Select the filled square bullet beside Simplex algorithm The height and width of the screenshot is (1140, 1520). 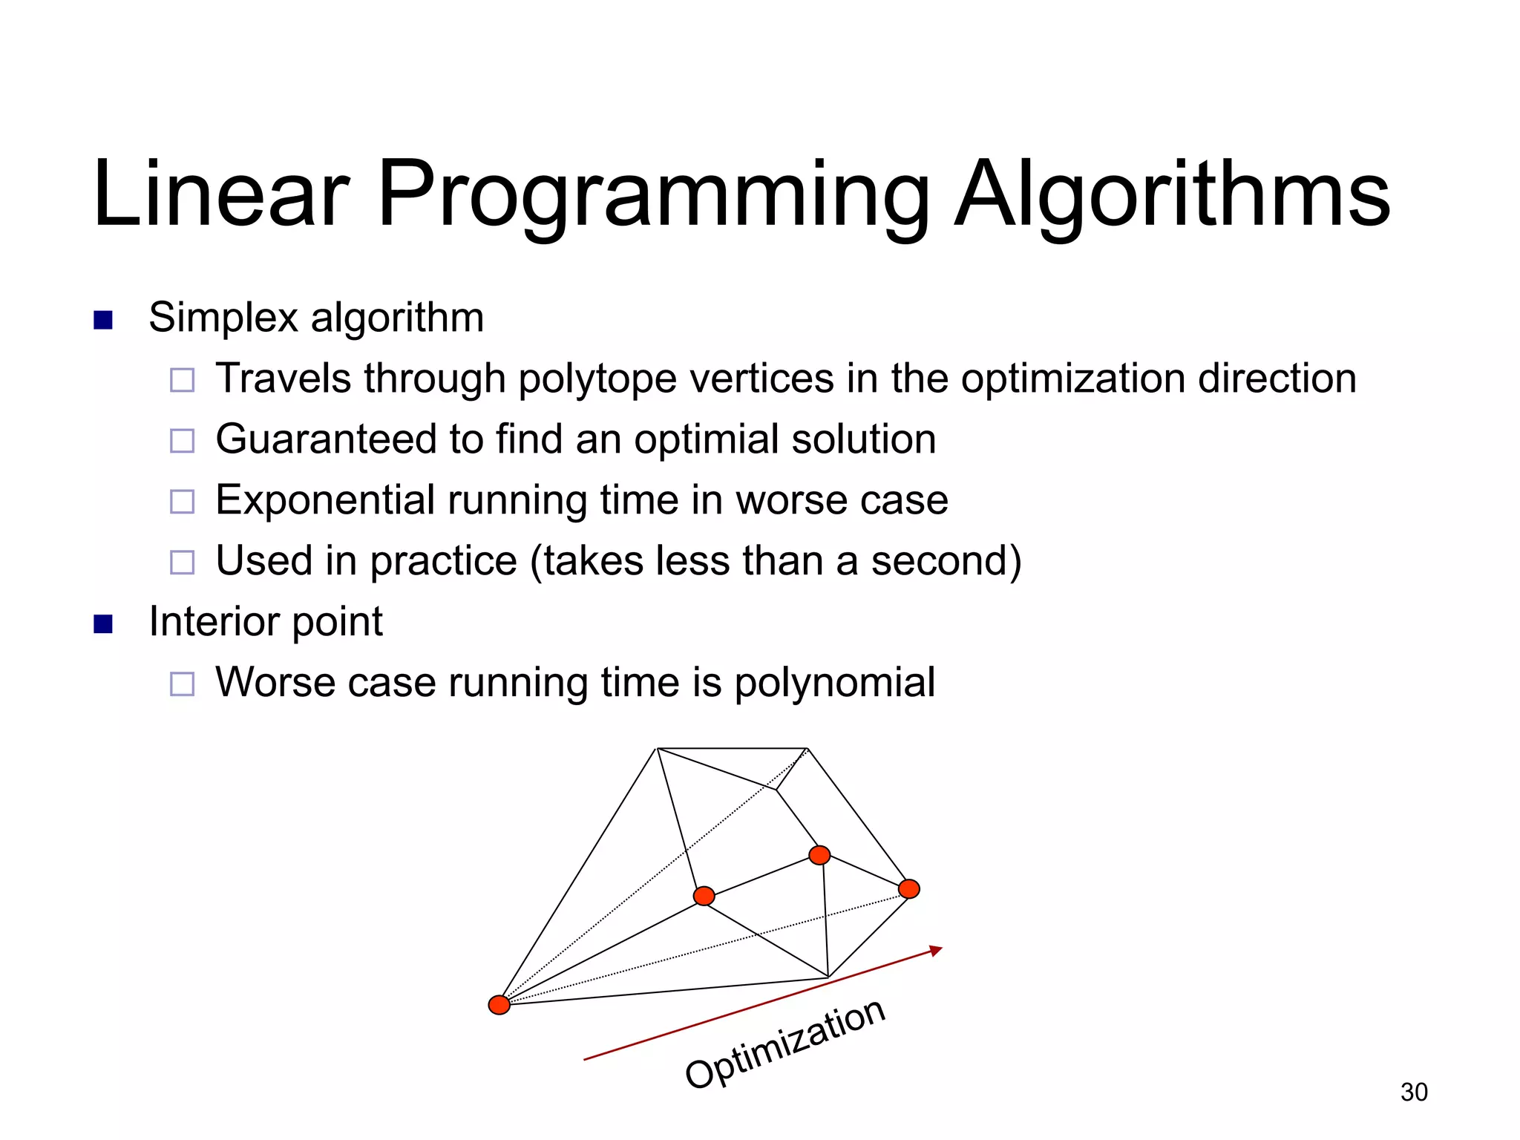click(x=103, y=320)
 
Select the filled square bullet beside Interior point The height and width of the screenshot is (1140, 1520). click(x=103, y=623)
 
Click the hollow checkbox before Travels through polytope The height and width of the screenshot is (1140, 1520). click(x=182, y=380)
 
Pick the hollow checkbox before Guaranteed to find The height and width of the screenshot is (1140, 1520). click(x=182, y=441)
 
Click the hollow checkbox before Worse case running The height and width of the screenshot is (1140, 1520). click(x=182, y=684)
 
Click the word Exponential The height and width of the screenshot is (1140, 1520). click(x=325, y=499)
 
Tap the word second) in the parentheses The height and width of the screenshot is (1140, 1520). click(x=946, y=561)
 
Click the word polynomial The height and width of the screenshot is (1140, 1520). click(x=834, y=683)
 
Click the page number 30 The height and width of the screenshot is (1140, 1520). click(x=1413, y=1092)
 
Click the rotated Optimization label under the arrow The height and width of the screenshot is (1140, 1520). click(x=785, y=1045)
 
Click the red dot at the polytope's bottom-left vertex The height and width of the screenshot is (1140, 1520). click(x=499, y=1005)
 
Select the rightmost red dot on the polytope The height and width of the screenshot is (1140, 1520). click(x=908, y=888)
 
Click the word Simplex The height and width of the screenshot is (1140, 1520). click(x=223, y=318)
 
